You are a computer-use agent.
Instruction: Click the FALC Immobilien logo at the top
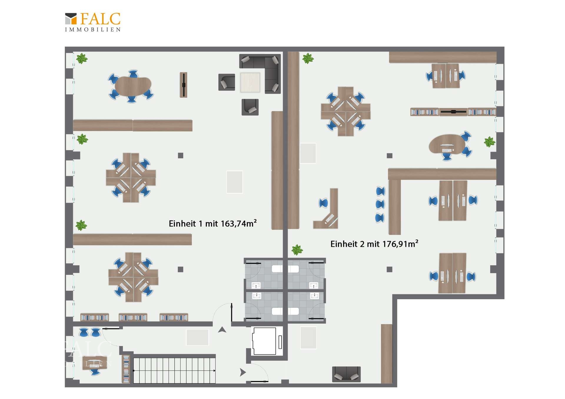pos(93,22)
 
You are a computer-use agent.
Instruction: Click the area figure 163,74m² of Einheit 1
pos(239,223)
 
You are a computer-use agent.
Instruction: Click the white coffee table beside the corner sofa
pos(250,82)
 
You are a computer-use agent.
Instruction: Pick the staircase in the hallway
pos(175,370)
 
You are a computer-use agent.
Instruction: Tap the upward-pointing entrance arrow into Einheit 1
pos(222,330)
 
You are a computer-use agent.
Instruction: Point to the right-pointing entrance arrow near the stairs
pos(243,372)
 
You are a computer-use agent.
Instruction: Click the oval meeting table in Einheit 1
pos(133,86)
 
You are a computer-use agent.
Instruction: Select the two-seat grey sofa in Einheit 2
pos(346,374)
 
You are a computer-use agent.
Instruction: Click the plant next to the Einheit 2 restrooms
pos(297,250)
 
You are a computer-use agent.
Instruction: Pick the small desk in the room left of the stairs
pos(94,363)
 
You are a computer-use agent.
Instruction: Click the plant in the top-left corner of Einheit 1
pos(82,59)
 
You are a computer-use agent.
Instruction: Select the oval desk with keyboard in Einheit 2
pos(447,144)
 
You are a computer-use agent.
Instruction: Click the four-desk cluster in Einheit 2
pos(346,111)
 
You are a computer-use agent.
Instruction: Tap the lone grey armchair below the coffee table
pos(250,107)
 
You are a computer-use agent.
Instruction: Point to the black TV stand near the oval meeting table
pos(184,85)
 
